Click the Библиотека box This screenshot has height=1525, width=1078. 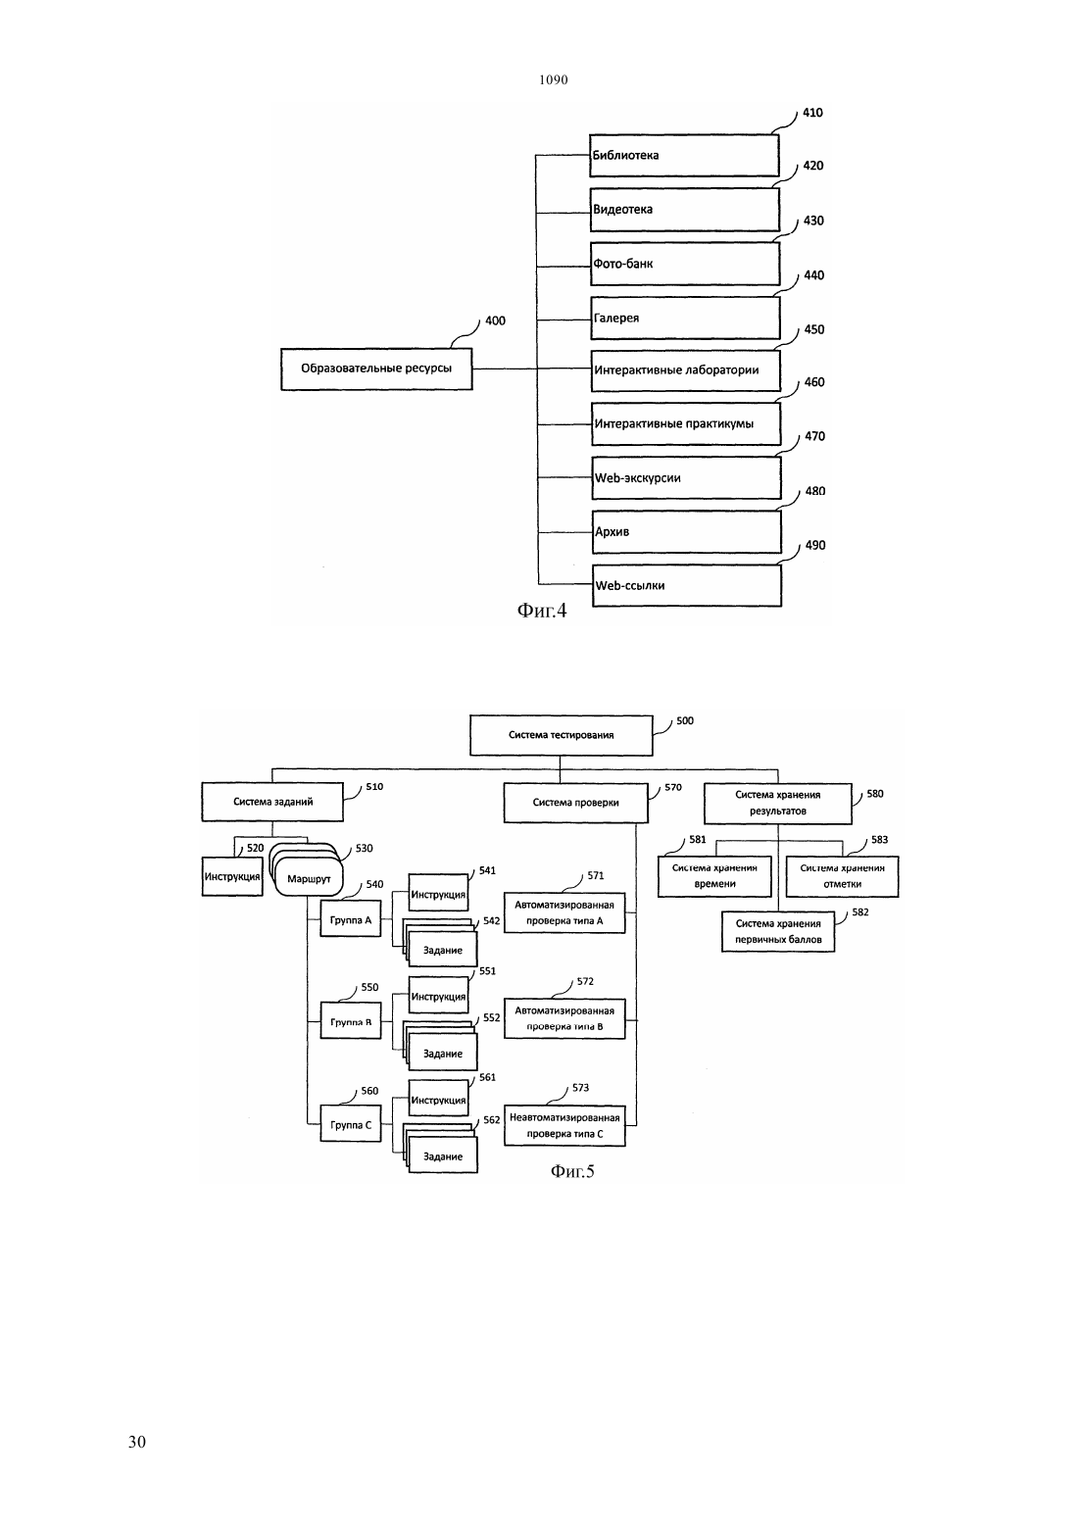(x=684, y=155)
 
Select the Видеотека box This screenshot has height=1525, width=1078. (x=684, y=210)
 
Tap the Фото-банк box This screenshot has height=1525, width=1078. (x=685, y=264)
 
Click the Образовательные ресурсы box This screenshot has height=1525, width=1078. (x=376, y=369)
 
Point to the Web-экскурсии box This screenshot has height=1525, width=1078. (x=686, y=478)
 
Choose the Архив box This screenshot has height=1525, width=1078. (x=686, y=532)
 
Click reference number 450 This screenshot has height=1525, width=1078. (x=814, y=329)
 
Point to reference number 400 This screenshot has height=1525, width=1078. (x=495, y=320)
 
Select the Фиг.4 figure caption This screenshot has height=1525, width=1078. (x=542, y=610)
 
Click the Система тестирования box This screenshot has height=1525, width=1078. (x=562, y=735)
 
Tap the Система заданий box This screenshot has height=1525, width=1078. (x=272, y=802)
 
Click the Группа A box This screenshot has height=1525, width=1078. (x=351, y=918)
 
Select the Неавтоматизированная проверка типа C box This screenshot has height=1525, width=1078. (x=564, y=1125)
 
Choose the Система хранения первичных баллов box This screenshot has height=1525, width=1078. (x=778, y=931)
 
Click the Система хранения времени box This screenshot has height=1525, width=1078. (x=714, y=876)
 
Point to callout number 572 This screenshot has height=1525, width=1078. (x=585, y=981)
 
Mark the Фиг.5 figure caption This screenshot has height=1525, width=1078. (x=572, y=1171)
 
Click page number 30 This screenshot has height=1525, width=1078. (x=137, y=1442)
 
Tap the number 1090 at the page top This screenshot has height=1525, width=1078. (x=554, y=79)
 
